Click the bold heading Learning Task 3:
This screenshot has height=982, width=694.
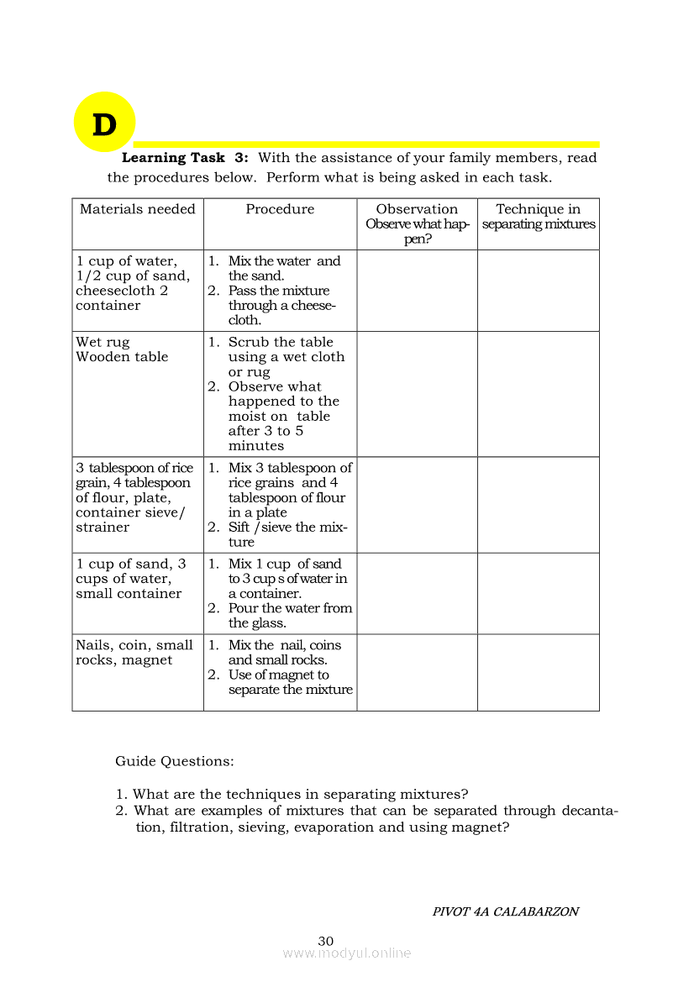coord(185,158)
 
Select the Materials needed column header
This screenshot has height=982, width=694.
coord(137,209)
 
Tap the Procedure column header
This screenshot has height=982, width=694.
coord(280,209)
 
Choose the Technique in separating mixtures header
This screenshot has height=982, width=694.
coord(538,217)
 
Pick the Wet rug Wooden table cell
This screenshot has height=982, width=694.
coord(122,349)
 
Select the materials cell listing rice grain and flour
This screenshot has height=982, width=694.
coord(134,497)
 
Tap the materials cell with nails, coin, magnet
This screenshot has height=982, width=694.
coord(134,653)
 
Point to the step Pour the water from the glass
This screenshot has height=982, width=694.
coord(290,615)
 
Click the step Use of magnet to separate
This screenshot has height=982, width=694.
coord(290,682)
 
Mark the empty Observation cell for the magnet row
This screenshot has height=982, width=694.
coord(417,672)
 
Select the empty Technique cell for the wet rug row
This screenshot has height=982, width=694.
coord(538,394)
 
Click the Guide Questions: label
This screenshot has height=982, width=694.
coord(175,761)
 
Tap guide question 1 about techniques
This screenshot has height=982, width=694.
coord(300,794)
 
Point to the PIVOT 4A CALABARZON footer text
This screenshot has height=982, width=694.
coord(505,911)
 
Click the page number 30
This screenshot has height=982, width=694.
coord(326,941)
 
